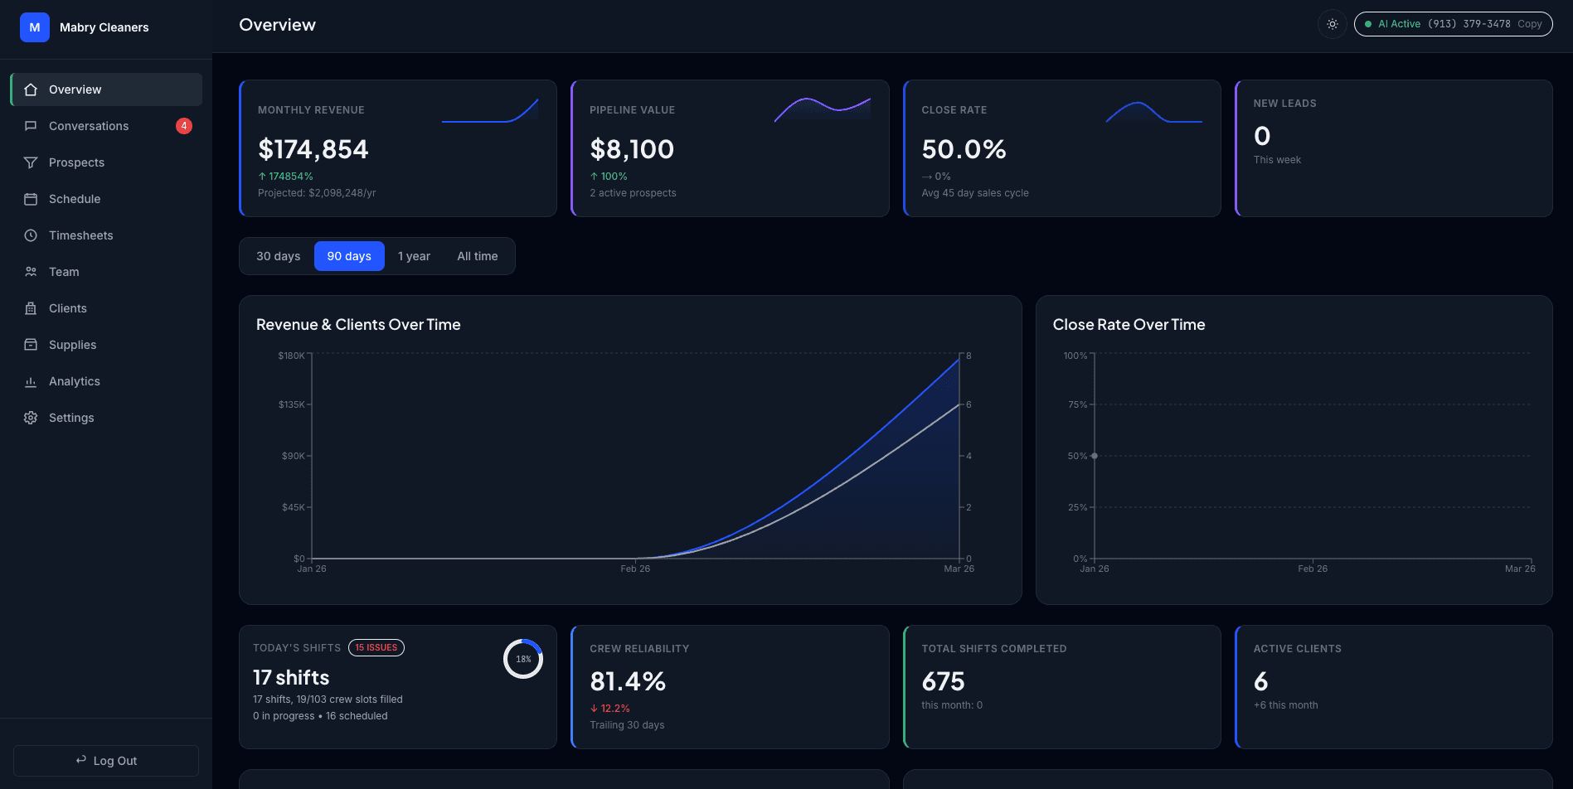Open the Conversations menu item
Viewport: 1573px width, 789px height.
coord(89,126)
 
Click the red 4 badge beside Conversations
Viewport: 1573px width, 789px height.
coord(184,126)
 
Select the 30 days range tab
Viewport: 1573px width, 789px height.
coord(278,256)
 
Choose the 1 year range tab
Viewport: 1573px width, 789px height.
coord(414,256)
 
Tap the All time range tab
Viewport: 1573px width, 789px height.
coord(477,256)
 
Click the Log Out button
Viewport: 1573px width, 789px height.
coord(106,761)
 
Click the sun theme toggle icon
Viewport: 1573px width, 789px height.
coord(1332,24)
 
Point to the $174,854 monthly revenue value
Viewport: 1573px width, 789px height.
coord(313,149)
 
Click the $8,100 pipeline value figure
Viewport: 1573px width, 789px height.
coord(631,149)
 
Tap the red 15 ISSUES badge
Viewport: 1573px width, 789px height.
coord(376,648)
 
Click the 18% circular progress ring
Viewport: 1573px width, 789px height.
coord(523,660)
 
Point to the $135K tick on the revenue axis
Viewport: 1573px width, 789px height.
coord(292,404)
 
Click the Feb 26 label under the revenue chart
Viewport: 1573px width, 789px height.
coord(635,569)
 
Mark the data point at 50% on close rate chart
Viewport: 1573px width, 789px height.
coord(1095,456)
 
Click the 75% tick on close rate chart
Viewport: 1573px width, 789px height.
coord(1077,404)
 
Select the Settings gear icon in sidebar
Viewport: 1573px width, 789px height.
coord(31,418)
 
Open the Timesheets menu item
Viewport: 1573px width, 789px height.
coord(80,235)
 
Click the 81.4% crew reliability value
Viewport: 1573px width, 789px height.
coord(627,681)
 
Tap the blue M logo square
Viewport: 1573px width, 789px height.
coord(35,27)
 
